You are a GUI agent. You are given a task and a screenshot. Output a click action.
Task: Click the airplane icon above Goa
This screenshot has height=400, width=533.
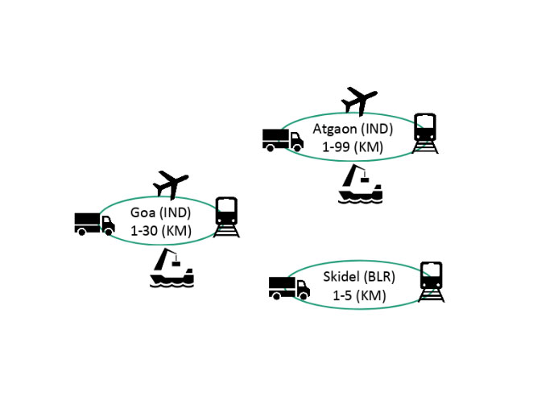coord(171,184)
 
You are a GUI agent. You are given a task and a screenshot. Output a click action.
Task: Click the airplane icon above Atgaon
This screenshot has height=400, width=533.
coord(359,101)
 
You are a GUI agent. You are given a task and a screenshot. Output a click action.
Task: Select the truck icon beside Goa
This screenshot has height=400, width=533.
coord(94,225)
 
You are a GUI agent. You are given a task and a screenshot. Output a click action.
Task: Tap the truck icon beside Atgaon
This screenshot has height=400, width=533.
coord(283,140)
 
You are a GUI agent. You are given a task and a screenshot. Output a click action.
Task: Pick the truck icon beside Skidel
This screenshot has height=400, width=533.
coord(289,288)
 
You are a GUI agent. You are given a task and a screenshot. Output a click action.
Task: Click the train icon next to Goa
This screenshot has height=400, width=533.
coord(226,217)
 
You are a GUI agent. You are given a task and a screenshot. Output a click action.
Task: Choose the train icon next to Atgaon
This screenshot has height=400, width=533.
coord(425,134)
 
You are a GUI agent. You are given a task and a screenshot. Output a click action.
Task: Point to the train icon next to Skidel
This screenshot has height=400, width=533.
coord(432,282)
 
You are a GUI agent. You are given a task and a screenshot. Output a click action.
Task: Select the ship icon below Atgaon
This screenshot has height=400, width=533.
coord(361,184)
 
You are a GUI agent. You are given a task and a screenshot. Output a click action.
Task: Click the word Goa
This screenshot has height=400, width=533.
coord(143,212)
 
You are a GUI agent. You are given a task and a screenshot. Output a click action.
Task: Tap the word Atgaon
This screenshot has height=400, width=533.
coord(335,129)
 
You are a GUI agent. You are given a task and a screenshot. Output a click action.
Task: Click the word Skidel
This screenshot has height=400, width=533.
coord(341,277)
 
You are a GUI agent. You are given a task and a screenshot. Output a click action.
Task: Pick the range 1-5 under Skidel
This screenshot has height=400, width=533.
coord(342,295)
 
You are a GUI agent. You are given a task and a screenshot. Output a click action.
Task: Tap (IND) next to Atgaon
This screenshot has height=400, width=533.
coord(377,129)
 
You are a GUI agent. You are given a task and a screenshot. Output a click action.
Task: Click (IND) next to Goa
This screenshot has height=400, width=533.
coord(175,213)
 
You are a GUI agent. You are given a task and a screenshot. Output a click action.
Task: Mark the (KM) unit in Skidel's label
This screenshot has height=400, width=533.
coord(371,296)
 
